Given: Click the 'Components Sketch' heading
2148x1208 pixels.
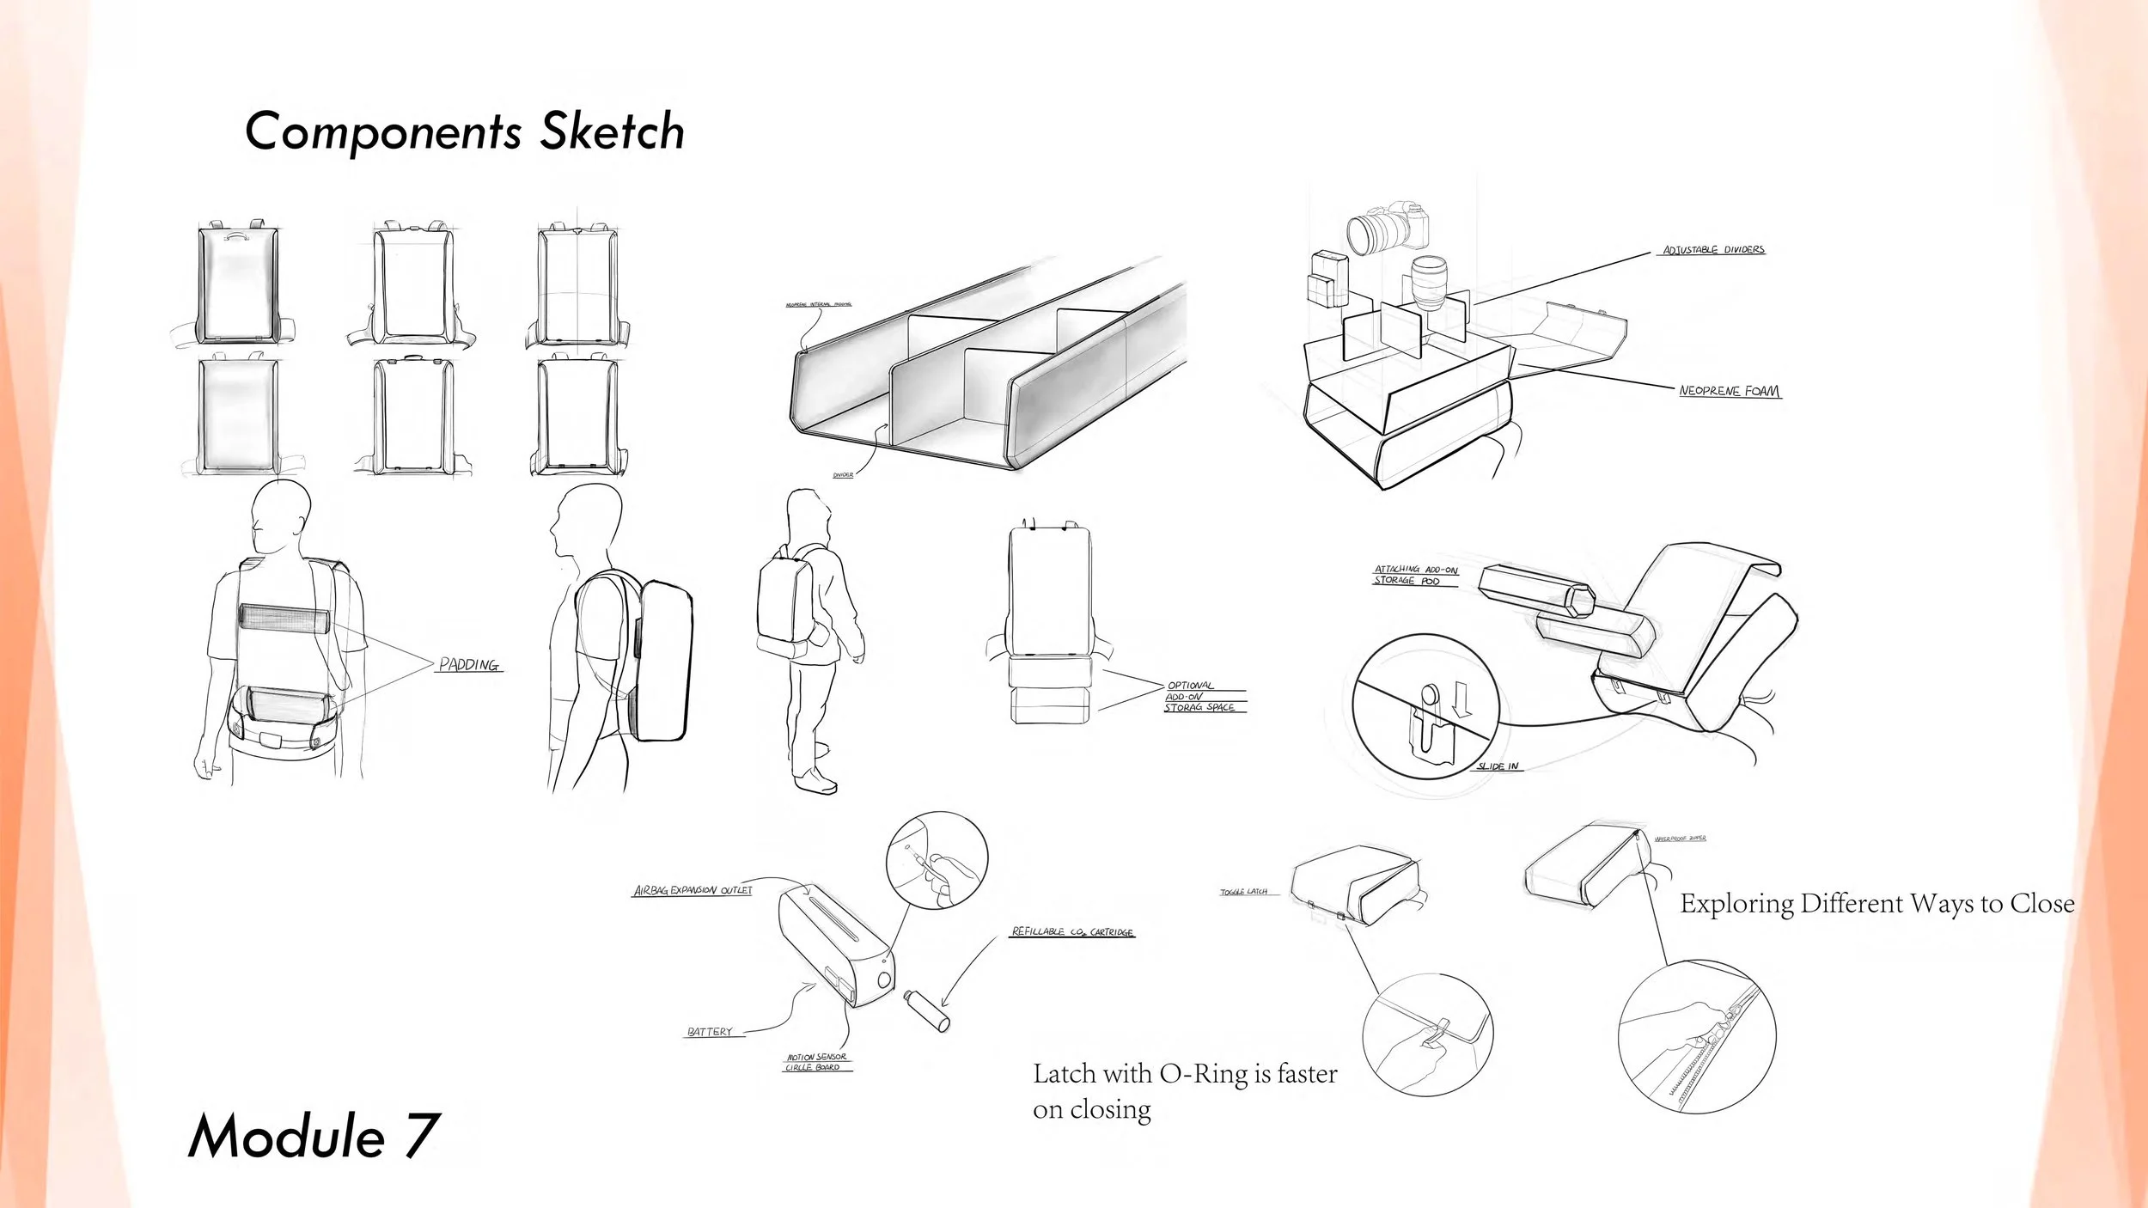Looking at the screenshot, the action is tap(464, 131).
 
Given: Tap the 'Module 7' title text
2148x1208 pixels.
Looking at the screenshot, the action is tap(314, 1136).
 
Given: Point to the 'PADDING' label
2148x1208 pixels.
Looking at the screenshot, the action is tap(468, 665).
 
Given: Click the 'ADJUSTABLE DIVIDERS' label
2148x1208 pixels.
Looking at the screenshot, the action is tap(1713, 250).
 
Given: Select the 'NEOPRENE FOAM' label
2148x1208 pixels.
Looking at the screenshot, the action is tap(1729, 391).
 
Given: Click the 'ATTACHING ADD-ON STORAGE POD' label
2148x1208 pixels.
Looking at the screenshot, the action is tap(1415, 575).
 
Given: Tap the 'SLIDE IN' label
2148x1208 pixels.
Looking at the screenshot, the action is tap(1498, 766).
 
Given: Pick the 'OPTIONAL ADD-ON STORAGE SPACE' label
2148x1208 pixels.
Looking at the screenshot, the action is tap(1201, 697).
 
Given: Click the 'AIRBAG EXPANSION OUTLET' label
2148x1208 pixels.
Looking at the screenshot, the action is tap(693, 890).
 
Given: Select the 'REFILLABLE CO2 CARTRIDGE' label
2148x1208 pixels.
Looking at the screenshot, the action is tap(1072, 931).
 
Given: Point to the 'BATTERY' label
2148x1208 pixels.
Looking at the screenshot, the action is tap(710, 1032).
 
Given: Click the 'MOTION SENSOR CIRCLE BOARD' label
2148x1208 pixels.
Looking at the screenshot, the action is tap(816, 1062).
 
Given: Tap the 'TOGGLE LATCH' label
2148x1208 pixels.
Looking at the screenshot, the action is tap(1243, 892).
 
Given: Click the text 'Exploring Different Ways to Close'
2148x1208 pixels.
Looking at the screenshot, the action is tap(1877, 904).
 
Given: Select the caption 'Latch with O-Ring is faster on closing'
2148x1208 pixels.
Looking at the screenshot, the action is tap(1184, 1091).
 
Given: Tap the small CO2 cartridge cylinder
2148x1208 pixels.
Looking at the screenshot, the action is tap(926, 1010).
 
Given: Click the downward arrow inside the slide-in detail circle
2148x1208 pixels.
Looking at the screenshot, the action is tap(1461, 699).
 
